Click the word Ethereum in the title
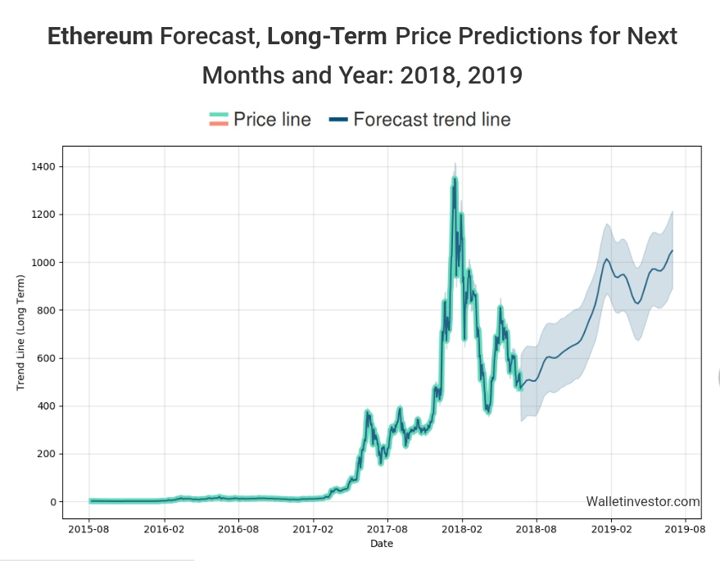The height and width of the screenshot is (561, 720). [x=100, y=37]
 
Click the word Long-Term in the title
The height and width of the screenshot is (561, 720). [x=327, y=37]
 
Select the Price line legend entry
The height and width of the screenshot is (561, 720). [x=260, y=120]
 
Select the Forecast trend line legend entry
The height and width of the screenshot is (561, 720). [x=419, y=120]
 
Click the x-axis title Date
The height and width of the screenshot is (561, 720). [x=382, y=544]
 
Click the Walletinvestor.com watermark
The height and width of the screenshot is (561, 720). [x=643, y=502]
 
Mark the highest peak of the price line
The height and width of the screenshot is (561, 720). [x=455, y=176]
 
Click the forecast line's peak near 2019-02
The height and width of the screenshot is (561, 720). [x=607, y=259]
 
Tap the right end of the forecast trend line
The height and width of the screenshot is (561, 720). [x=672, y=251]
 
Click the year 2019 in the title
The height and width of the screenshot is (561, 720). [x=494, y=75]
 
